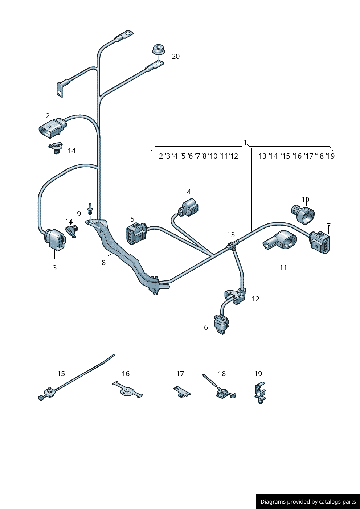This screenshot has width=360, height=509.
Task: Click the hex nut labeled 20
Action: pyautogui.click(x=158, y=49)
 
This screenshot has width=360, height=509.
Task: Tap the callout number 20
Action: pyautogui.click(x=176, y=56)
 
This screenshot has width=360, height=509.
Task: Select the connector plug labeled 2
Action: pyautogui.click(x=52, y=128)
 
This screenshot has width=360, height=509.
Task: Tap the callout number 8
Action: pyautogui.click(x=104, y=263)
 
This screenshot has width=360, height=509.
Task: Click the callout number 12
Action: pyautogui.click(x=255, y=299)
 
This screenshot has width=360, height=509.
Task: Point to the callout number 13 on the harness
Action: pyautogui.click(x=231, y=235)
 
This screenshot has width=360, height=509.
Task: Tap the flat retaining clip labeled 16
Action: pyautogui.click(x=127, y=392)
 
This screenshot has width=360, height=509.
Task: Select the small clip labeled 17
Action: pyautogui.click(x=181, y=392)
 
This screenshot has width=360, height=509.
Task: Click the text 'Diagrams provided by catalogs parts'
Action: pyautogui.click(x=308, y=502)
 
